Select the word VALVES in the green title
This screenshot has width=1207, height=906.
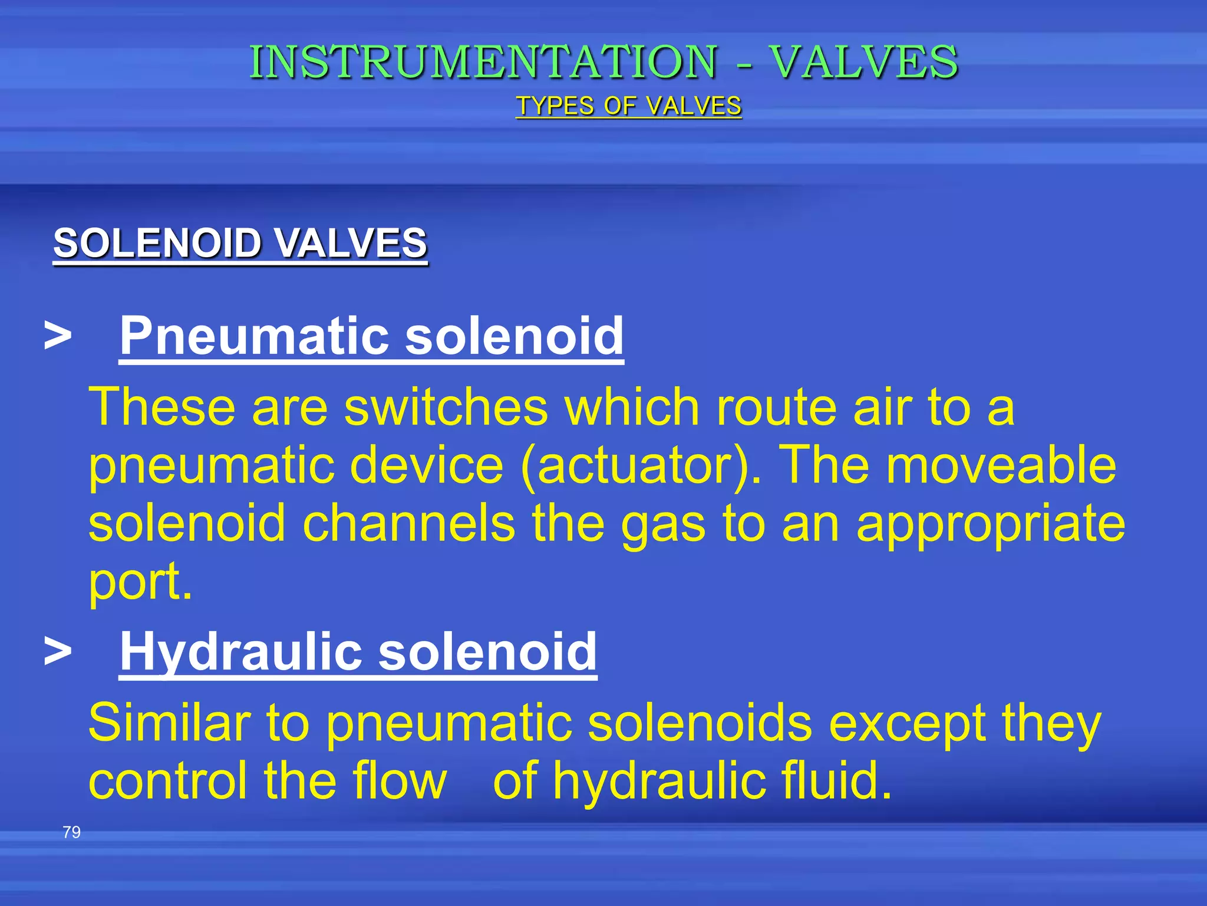(x=865, y=62)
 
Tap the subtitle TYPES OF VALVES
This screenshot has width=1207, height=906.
(x=628, y=106)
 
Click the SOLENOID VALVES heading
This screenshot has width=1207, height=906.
(x=240, y=243)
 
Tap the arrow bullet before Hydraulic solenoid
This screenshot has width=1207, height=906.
(x=58, y=652)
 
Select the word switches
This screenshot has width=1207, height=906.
(x=446, y=407)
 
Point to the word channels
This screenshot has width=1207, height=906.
(x=408, y=523)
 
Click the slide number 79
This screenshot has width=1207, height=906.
(x=71, y=832)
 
